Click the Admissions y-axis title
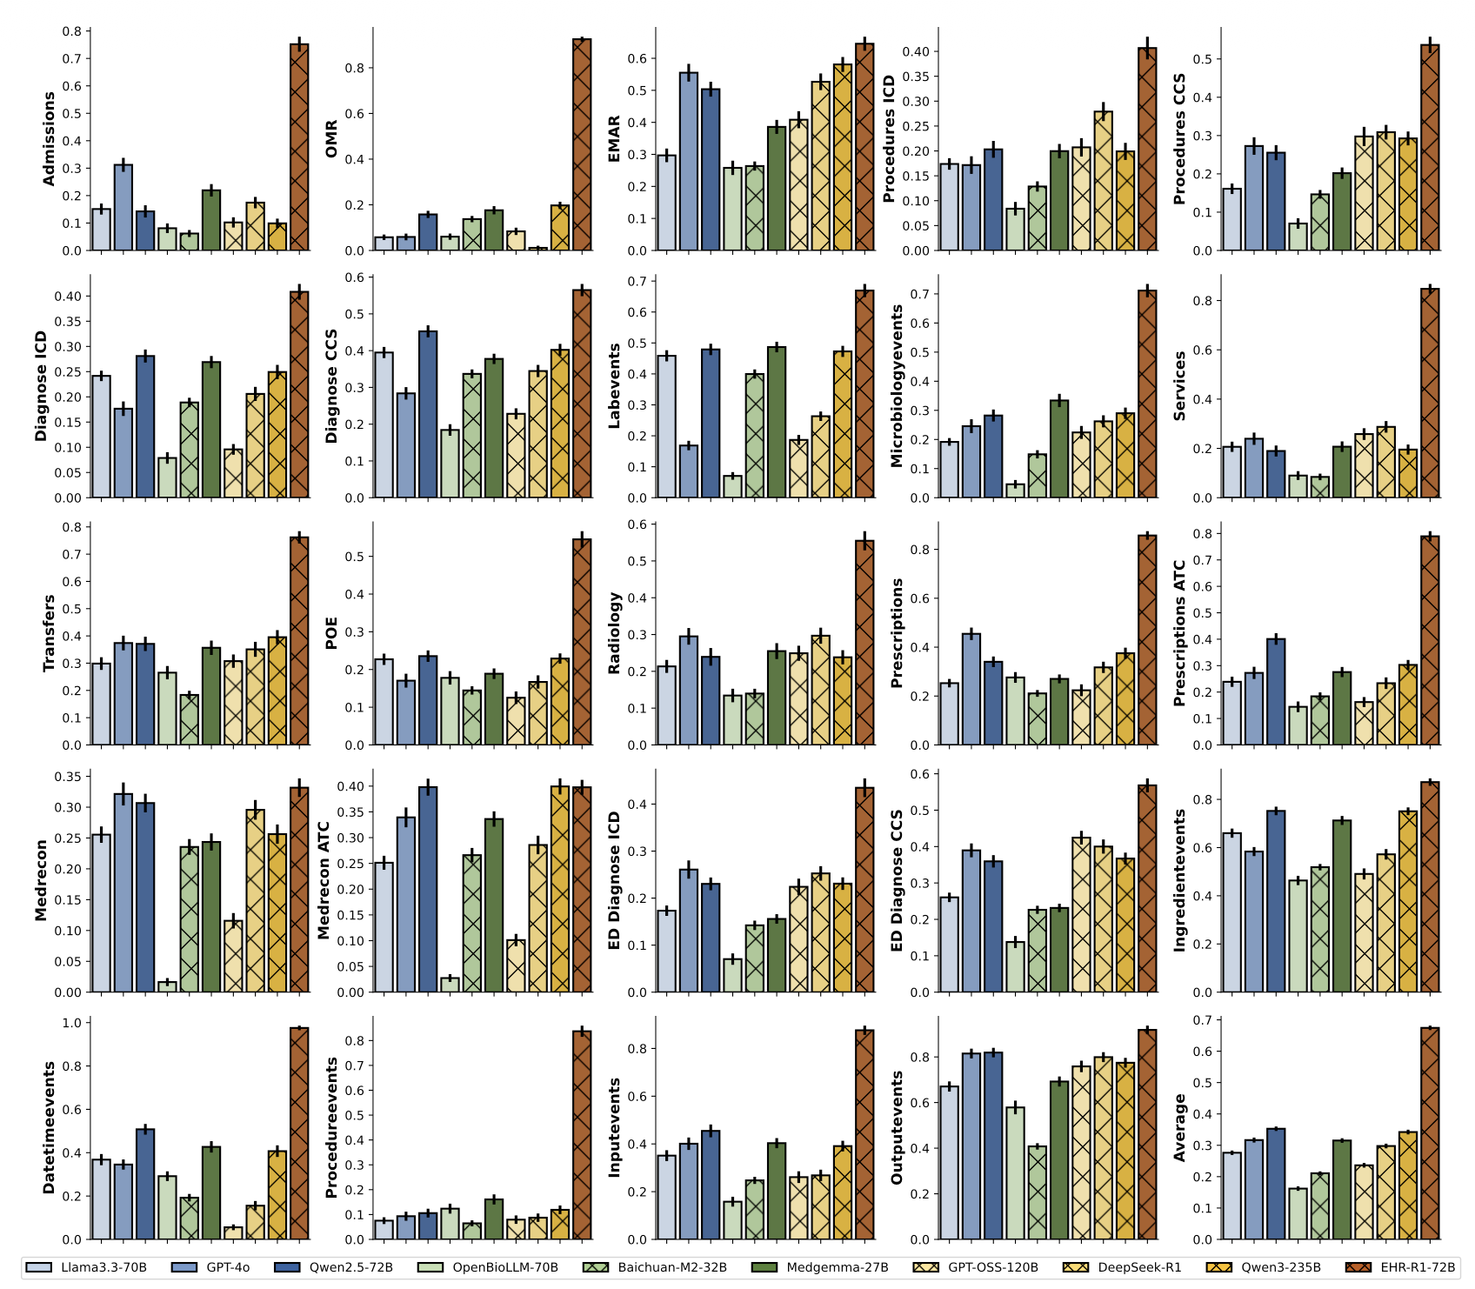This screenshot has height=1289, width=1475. pos(50,139)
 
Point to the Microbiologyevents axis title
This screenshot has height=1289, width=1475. pos(898,386)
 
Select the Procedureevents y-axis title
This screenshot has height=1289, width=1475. pos(331,1128)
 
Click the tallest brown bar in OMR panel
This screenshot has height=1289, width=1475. pos(582,144)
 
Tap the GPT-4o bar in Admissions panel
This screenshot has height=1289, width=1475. pos(123,207)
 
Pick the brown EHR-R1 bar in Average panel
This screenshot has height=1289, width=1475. pos(1430,1133)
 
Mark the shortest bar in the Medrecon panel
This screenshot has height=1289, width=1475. pos(167,986)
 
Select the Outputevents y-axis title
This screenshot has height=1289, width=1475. pos(898,1127)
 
